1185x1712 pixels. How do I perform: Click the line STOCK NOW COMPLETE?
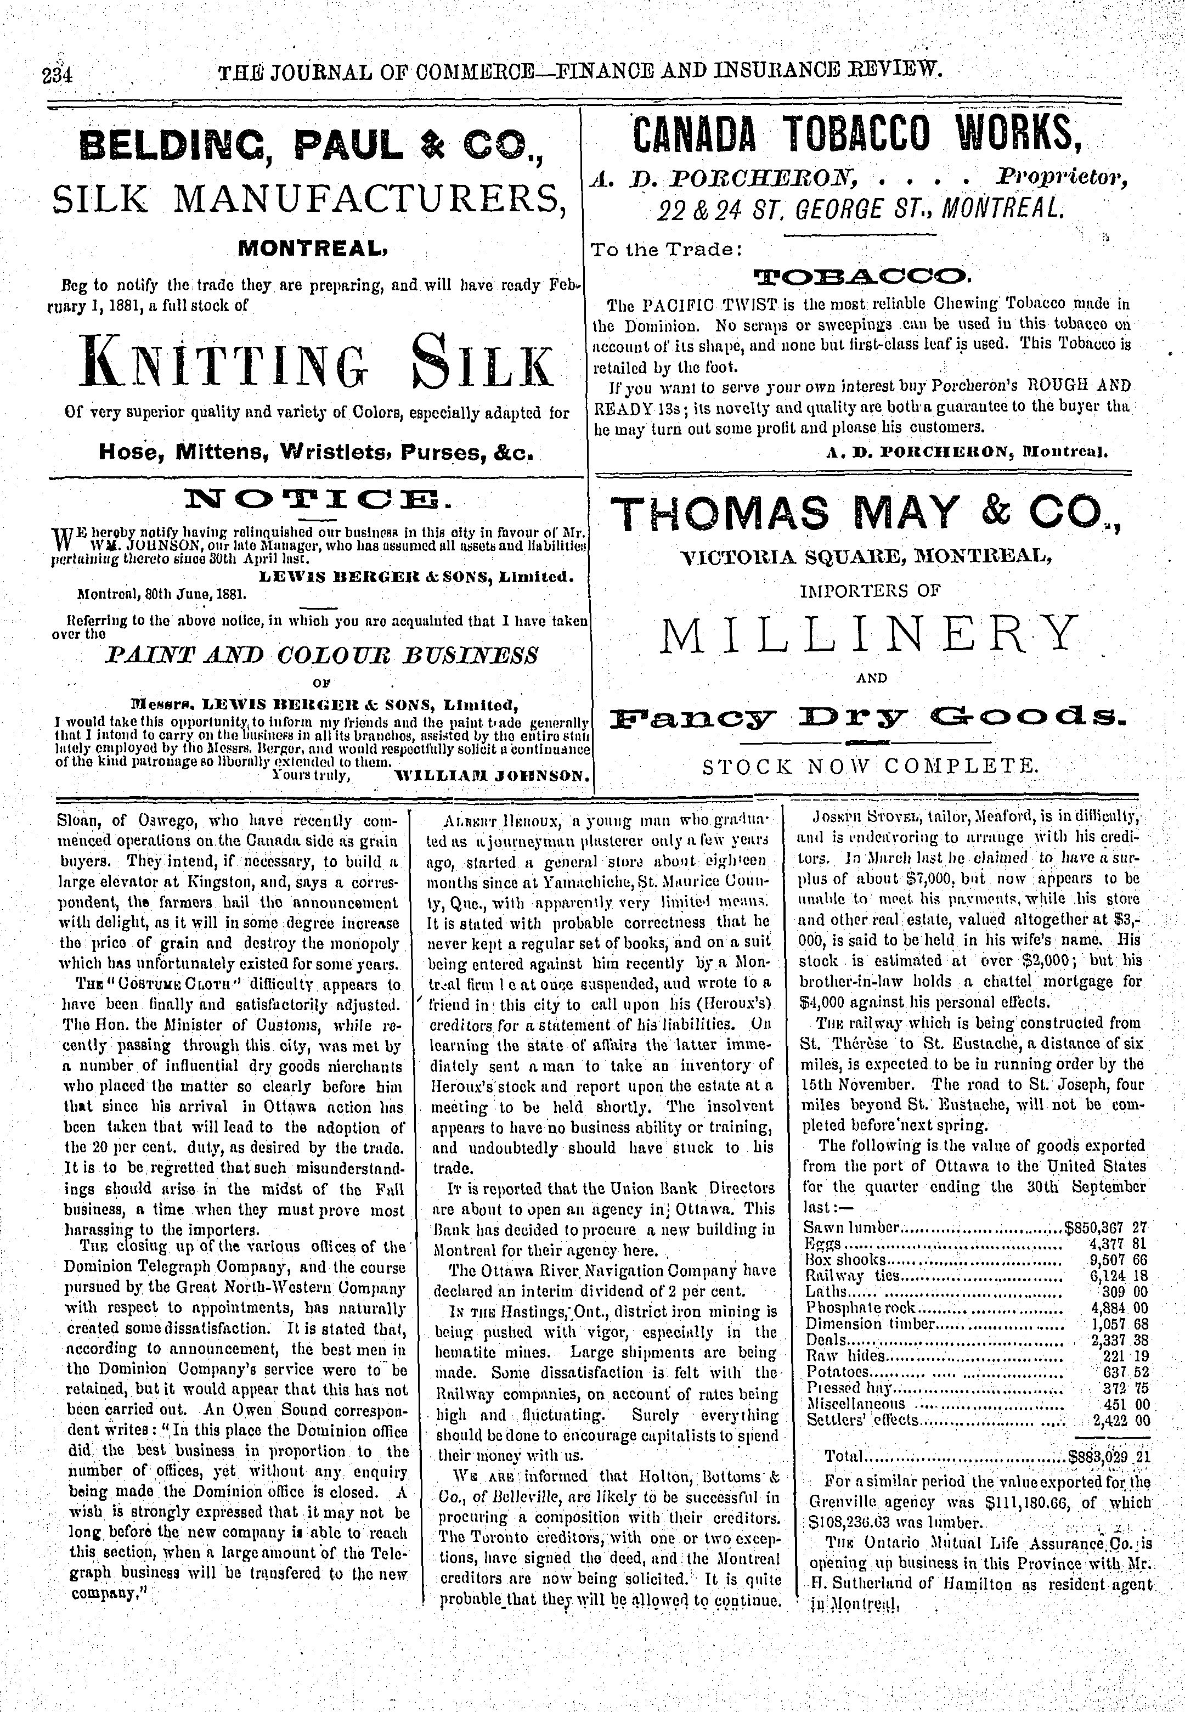868,765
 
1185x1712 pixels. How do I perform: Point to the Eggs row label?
823,1243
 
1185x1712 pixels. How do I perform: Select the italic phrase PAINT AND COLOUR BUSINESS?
321,656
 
